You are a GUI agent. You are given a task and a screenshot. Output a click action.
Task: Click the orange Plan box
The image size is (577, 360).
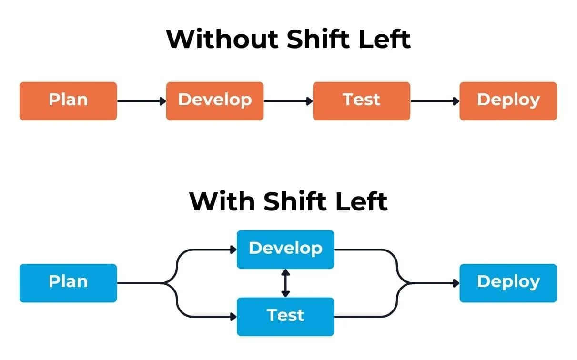pyautogui.click(x=68, y=101)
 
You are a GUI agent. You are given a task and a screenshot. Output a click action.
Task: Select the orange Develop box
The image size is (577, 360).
pyautogui.click(x=214, y=101)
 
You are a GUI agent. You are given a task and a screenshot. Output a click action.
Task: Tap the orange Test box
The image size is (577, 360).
pyautogui.click(x=361, y=101)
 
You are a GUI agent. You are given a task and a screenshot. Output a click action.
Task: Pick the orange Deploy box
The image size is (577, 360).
pyautogui.click(x=508, y=101)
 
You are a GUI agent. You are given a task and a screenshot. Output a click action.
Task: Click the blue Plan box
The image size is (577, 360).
pyautogui.click(x=68, y=283)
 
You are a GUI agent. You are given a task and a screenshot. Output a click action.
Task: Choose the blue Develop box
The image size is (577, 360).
pyautogui.click(x=285, y=249)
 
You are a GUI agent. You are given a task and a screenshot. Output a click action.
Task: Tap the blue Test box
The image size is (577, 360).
pyautogui.click(x=285, y=316)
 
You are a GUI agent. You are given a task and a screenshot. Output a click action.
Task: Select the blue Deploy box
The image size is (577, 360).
pyautogui.click(x=508, y=283)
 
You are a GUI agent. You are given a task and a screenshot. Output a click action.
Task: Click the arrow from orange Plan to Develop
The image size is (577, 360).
pyautogui.click(x=141, y=101)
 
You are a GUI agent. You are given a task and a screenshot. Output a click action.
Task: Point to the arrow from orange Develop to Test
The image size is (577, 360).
pyautogui.click(x=288, y=101)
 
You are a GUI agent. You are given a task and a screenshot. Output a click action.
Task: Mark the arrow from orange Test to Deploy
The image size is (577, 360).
pyautogui.click(x=435, y=101)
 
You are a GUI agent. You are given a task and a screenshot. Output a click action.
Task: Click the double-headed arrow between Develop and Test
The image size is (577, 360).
pyautogui.click(x=285, y=283)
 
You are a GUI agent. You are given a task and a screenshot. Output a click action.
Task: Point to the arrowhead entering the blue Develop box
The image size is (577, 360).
pyautogui.click(x=233, y=249)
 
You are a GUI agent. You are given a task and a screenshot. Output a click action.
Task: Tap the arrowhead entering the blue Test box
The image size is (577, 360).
pyautogui.click(x=233, y=316)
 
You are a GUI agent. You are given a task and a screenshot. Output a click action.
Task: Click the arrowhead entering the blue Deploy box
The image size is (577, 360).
pyautogui.click(x=456, y=283)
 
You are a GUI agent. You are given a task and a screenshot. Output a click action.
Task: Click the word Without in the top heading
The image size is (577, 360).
pyautogui.click(x=222, y=39)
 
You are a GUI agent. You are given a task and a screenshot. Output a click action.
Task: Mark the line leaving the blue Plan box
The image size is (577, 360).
pyautogui.click(x=141, y=283)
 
